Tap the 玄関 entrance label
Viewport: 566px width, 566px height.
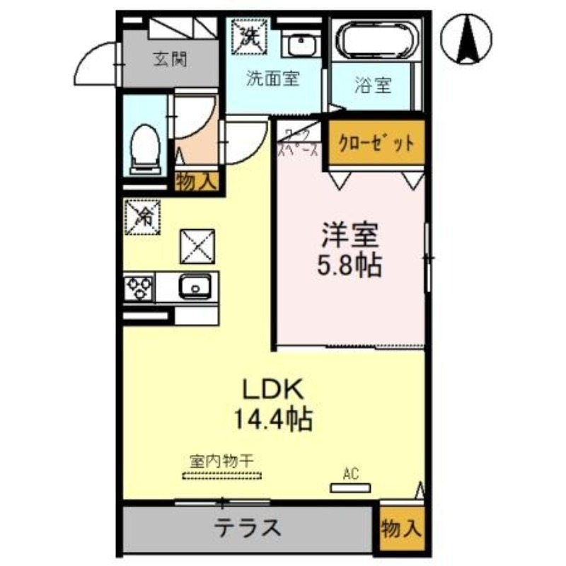click(170, 59)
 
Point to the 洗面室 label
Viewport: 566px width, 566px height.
click(272, 79)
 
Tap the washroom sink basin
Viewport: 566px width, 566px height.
click(302, 44)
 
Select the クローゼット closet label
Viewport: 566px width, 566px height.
click(376, 144)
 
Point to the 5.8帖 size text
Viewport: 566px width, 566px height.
click(349, 266)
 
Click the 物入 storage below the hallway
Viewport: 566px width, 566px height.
click(195, 181)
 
